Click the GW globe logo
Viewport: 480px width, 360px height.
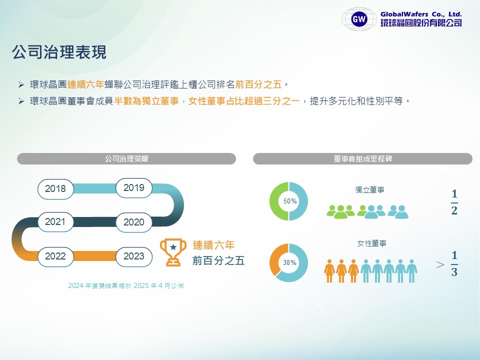click(x=359, y=19)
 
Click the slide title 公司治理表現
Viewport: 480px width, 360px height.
click(x=59, y=51)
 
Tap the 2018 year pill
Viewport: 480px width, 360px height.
click(x=55, y=189)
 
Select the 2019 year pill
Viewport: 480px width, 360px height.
click(x=134, y=187)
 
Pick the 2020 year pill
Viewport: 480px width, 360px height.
click(x=134, y=222)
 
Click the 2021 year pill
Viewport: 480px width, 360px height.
click(x=55, y=221)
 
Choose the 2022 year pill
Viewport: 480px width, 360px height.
click(x=55, y=256)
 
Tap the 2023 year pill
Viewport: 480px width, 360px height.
click(x=134, y=256)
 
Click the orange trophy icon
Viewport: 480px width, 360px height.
click(x=173, y=252)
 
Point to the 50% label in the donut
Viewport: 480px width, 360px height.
click(x=290, y=201)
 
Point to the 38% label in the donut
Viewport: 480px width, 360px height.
click(x=289, y=262)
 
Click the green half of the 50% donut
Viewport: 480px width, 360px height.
click(x=275, y=201)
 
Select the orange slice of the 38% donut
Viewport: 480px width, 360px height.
click(x=276, y=257)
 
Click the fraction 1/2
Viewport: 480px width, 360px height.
click(x=454, y=202)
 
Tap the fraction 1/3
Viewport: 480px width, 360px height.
click(x=454, y=263)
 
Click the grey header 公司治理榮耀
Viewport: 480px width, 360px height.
click(x=126, y=158)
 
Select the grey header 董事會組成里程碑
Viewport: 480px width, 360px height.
click(x=363, y=158)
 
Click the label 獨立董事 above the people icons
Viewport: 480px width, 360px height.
click(x=369, y=190)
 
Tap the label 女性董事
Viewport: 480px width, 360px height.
click(x=371, y=243)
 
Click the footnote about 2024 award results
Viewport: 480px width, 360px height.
click(x=126, y=285)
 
